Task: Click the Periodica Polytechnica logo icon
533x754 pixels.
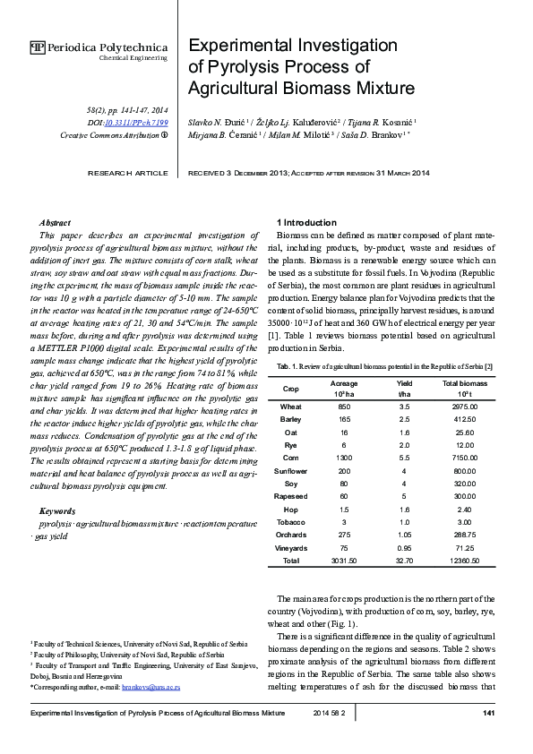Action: pyautogui.click(x=37, y=47)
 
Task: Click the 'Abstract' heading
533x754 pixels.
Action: pyautogui.click(x=56, y=222)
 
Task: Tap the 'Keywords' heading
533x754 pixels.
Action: pyautogui.click(x=57, y=511)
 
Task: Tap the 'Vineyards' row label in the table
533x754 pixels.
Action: pyautogui.click(x=290, y=547)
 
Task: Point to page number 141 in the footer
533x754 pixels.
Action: pyautogui.click(x=488, y=713)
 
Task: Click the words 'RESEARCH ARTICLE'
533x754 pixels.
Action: pyautogui.click(x=126, y=172)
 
